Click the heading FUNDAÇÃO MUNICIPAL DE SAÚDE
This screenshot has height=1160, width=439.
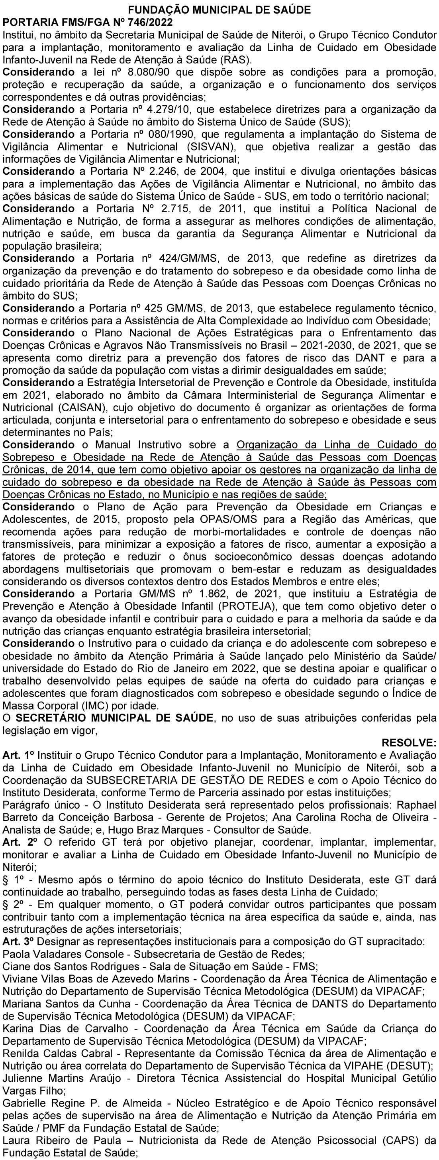point(219,10)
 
